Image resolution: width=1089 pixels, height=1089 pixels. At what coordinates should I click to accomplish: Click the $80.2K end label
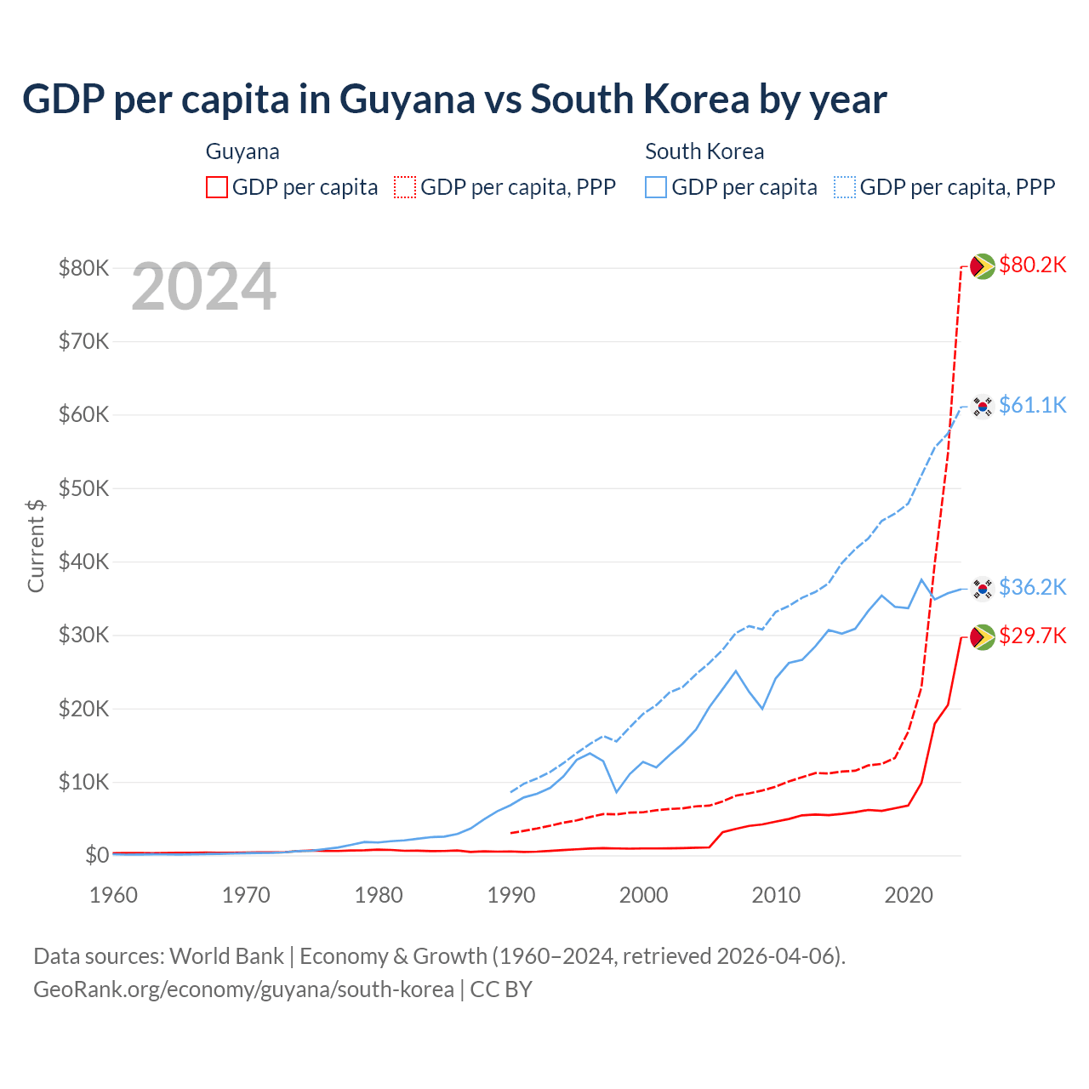point(1032,265)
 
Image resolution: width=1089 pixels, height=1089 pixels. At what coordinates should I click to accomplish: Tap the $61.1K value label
point(1032,405)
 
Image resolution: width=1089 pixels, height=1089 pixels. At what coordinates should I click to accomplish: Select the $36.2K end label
point(1032,587)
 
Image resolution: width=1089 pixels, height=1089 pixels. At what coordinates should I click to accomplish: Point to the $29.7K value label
point(1032,636)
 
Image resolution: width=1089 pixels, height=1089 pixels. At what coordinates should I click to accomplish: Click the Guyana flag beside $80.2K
point(983,266)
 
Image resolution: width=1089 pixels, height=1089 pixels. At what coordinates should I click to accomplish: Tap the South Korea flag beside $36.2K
point(983,588)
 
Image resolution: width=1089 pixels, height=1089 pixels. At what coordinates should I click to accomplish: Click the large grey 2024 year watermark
point(203,287)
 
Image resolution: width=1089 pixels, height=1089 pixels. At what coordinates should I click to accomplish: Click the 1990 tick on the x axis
point(510,895)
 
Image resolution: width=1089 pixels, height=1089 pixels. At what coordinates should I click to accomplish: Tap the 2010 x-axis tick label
point(776,895)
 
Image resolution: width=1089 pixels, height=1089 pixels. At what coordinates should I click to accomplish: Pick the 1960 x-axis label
point(113,895)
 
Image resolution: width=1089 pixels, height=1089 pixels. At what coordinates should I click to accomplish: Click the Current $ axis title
point(36,545)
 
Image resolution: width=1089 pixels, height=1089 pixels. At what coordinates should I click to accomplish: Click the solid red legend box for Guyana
point(217,187)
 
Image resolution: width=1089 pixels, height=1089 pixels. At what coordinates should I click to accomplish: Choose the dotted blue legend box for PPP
point(845,187)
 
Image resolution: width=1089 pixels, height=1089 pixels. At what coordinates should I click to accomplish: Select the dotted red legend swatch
point(405,187)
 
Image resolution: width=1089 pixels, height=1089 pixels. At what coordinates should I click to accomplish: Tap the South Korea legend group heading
point(704,151)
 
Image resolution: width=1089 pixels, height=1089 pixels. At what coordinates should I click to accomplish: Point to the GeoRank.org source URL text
point(243,989)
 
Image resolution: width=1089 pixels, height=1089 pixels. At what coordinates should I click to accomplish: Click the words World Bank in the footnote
point(226,956)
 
